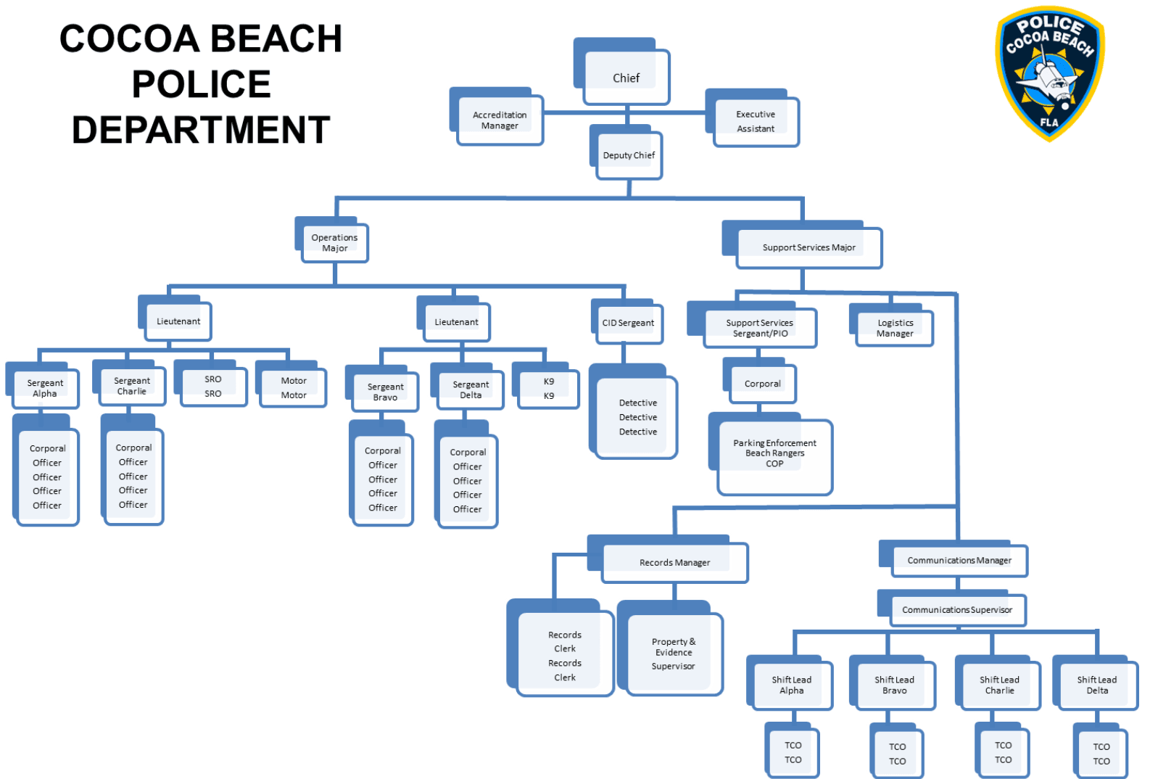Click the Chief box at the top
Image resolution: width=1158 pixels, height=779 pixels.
626,77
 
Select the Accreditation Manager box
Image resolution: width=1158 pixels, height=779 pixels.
500,120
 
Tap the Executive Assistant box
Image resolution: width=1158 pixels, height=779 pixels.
756,121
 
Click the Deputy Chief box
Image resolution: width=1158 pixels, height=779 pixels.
629,155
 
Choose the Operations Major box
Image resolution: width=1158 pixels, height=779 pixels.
334,242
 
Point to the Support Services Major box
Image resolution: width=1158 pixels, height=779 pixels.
808,247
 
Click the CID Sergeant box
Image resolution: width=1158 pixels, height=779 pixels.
628,323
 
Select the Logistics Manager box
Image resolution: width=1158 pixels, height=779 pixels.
895,328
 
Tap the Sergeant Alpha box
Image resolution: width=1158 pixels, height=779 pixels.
45,388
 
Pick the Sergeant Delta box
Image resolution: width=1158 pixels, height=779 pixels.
471,389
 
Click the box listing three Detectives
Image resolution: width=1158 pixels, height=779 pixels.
637,417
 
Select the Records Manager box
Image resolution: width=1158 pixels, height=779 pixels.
674,562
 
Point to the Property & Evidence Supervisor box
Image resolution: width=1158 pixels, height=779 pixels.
674,654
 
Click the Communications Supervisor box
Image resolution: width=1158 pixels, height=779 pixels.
957,609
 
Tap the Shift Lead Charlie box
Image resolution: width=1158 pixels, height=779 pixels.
999,685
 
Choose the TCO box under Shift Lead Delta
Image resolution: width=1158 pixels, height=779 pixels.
1101,754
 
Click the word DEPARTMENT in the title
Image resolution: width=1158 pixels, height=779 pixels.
201,131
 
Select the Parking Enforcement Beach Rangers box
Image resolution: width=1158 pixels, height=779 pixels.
774,454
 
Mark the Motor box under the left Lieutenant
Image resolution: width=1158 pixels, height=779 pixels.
294,387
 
